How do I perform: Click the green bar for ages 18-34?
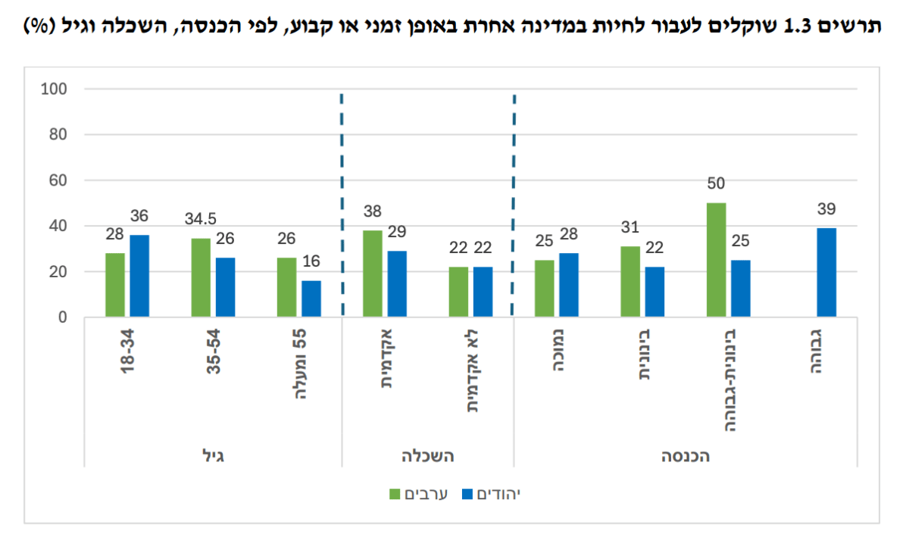pos(115,285)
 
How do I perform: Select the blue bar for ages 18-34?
pos(139,276)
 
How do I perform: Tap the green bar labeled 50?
pos(717,260)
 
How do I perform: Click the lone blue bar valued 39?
pos(826,272)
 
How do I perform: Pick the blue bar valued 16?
pos(311,299)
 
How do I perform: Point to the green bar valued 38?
pos(373,273)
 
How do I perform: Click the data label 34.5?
pos(201,219)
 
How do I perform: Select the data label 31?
pos(629,227)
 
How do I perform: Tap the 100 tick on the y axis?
pos(54,89)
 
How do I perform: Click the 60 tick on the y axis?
pos(58,180)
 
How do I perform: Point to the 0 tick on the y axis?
pos(62,317)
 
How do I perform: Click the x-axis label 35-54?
pos(214,352)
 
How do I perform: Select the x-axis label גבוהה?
pos(816,352)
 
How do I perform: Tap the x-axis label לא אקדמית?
pos(473,371)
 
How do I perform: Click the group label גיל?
pos(213,456)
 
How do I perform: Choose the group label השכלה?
pos(428,456)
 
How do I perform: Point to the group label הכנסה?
pos(686,456)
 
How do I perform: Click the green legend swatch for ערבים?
pos(395,494)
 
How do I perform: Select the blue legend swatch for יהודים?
pos(467,494)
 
